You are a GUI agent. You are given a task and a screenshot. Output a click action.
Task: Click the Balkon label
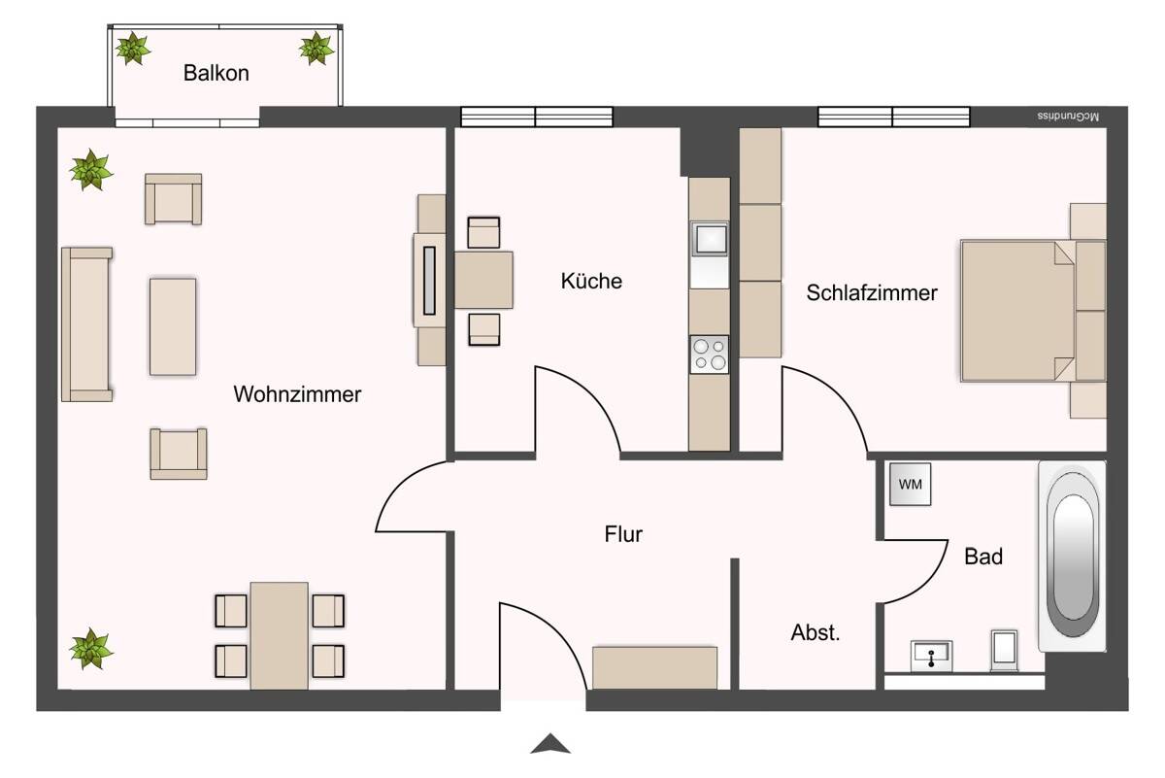[x=216, y=73]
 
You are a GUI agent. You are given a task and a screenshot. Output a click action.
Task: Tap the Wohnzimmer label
[x=297, y=394]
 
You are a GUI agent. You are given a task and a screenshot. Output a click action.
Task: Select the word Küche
[x=591, y=281]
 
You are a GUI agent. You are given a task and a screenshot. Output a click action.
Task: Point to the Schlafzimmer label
[x=872, y=292]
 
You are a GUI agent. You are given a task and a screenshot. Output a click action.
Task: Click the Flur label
[x=623, y=534]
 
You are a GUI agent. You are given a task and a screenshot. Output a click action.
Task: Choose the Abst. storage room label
[x=815, y=632]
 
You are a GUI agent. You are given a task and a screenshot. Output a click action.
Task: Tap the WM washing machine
[x=911, y=484]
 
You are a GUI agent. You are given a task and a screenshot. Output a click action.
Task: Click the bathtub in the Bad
[x=1073, y=556]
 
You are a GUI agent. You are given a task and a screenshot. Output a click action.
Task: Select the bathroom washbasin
[x=931, y=657]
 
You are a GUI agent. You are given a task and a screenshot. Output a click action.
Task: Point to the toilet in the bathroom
[x=1004, y=651]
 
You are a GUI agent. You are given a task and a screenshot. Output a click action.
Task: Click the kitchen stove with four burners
[x=710, y=355]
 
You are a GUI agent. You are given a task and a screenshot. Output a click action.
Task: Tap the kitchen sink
[x=710, y=239]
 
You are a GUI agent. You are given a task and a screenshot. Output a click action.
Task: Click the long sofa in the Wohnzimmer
[x=86, y=324]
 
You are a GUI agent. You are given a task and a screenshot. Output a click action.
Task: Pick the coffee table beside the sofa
[x=173, y=326]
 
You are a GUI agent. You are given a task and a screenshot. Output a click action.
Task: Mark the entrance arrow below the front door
[x=550, y=744]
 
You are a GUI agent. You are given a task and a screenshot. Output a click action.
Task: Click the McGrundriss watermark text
[x=1068, y=117]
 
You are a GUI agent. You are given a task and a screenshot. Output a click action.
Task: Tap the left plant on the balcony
[x=133, y=49]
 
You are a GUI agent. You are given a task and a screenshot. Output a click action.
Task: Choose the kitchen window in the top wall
[x=537, y=117]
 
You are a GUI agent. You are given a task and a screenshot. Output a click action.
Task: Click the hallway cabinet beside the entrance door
[x=654, y=668]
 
